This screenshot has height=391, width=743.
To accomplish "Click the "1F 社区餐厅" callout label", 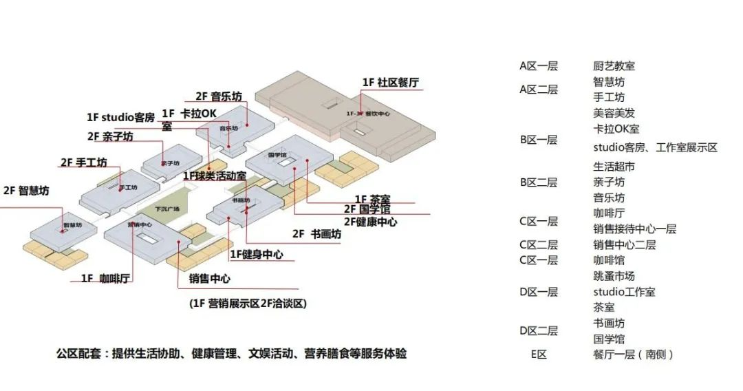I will [x=390, y=83].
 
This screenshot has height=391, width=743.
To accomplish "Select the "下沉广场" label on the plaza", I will [x=166, y=209].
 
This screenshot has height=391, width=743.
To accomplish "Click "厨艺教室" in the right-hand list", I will [x=614, y=66].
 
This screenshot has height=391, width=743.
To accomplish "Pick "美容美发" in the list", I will [x=614, y=113].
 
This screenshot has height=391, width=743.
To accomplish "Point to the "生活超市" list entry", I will [x=614, y=167].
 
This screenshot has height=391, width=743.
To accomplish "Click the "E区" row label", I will [x=538, y=355].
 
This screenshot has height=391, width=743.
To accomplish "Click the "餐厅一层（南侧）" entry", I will [x=633, y=355].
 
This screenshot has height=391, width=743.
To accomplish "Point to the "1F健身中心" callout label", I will [x=256, y=255].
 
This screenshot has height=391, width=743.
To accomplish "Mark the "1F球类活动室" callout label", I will [x=214, y=176].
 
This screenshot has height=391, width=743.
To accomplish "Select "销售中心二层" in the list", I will [x=624, y=244].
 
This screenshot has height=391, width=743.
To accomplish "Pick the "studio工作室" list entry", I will [x=624, y=292].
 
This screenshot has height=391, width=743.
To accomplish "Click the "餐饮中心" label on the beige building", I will [x=376, y=114].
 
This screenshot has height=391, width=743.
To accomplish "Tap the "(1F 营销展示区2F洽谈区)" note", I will [x=248, y=304].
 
